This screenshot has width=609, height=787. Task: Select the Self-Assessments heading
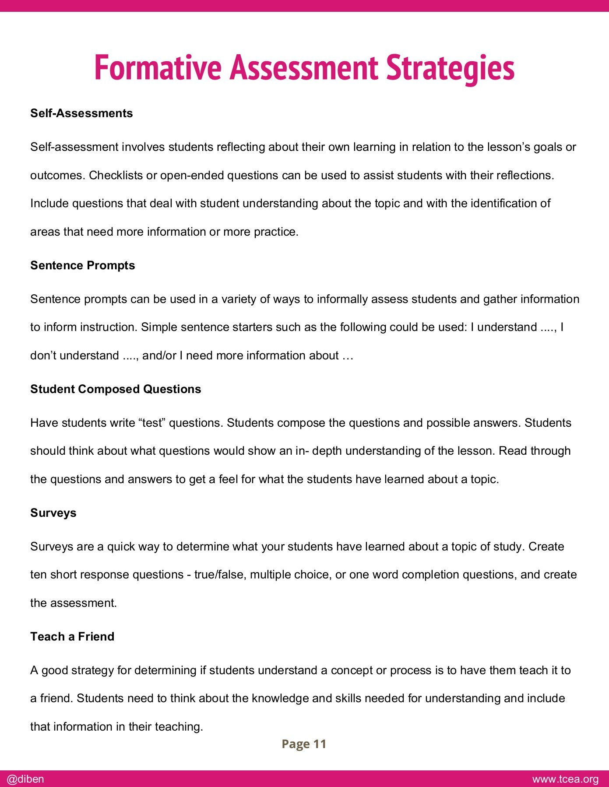pyautogui.click(x=81, y=113)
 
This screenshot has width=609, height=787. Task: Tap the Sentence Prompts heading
pyautogui.click(x=82, y=265)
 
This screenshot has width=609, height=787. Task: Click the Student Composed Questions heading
pyautogui.click(x=116, y=389)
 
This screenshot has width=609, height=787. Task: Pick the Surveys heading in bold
pyautogui.click(x=53, y=513)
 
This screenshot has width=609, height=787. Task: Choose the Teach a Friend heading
pyautogui.click(x=72, y=637)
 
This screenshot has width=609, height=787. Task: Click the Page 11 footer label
pyautogui.click(x=304, y=744)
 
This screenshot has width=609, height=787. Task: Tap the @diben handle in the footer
pyautogui.click(x=25, y=779)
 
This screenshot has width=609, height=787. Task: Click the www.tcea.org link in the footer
pyautogui.click(x=565, y=779)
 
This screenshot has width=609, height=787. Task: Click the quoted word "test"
pyautogui.click(x=152, y=423)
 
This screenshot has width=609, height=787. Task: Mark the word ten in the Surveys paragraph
pyautogui.click(x=38, y=575)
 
